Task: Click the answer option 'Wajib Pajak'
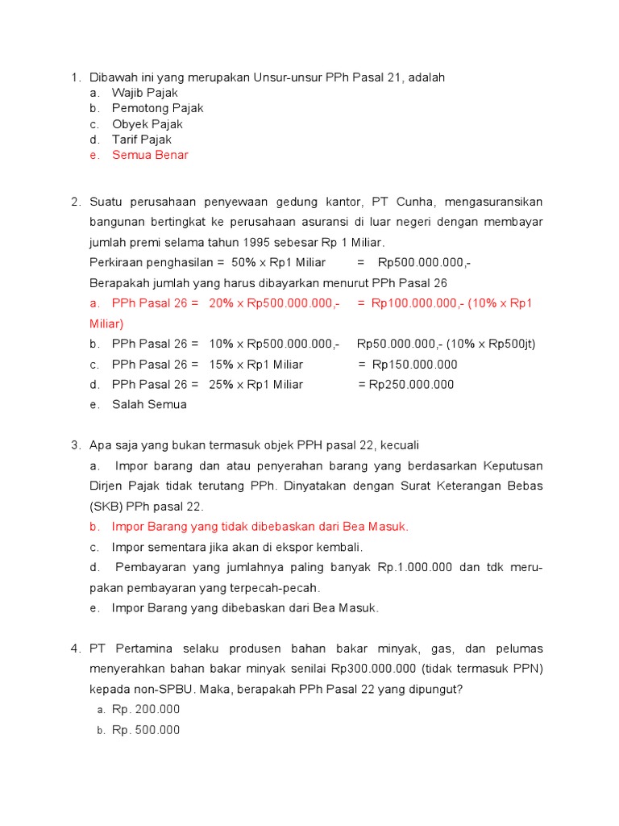pyautogui.click(x=144, y=93)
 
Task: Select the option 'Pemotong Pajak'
pyautogui.click(x=157, y=108)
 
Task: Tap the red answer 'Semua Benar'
pyautogui.click(x=150, y=155)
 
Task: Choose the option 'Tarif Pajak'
pyautogui.click(x=141, y=140)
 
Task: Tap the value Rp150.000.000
pyautogui.click(x=413, y=365)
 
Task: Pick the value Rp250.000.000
pyautogui.click(x=412, y=385)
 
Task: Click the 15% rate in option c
pyautogui.click(x=220, y=365)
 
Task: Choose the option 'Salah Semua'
pyautogui.click(x=149, y=405)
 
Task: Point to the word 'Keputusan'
pyautogui.click(x=513, y=466)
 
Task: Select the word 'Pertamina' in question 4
pyautogui.click(x=143, y=649)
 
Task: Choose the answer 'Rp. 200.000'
pyautogui.click(x=146, y=710)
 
